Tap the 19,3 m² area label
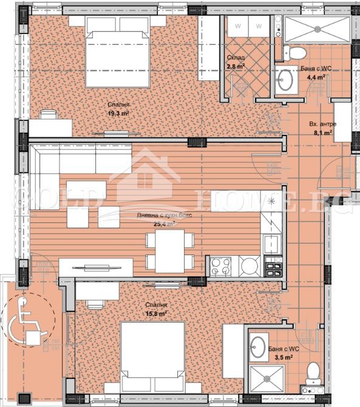tap(118, 114)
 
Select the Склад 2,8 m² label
tap(235, 67)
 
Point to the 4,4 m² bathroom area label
tap(316, 78)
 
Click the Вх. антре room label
tap(319, 123)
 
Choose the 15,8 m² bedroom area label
tap(156, 313)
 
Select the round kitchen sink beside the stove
tap(249, 265)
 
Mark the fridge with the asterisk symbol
tap(271, 200)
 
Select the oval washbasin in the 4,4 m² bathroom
tap(285, 78)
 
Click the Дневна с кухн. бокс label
tap(157, 216)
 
